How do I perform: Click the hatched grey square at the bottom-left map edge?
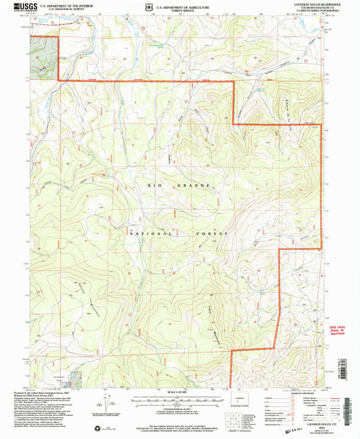click(x=76, y=382)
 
